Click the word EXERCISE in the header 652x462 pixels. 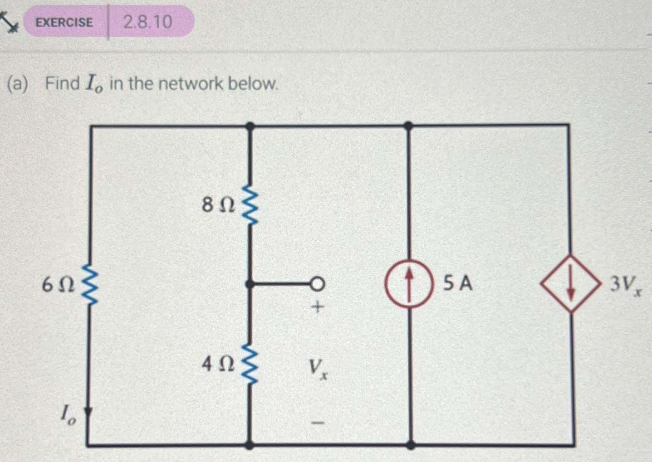tap(64, 22)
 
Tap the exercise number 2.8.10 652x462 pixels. tap(148, 22)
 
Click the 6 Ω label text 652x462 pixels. tap(58, 285)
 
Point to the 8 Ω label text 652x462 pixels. tap(218, 204)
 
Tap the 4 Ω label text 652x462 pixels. tap(218, 364)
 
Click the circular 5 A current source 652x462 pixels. tap(408, 284)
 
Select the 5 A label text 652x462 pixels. tap(458, 283)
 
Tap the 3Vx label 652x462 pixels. tap(625, 285)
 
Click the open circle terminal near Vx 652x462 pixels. tap(318, 284)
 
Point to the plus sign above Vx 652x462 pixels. tap(318, 307)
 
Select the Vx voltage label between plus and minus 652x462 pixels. tap(318, 368)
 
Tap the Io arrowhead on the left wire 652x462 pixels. tap(88, 413)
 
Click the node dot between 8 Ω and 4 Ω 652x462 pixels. tap(249, 284)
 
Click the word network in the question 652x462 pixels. tap(191, 84)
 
